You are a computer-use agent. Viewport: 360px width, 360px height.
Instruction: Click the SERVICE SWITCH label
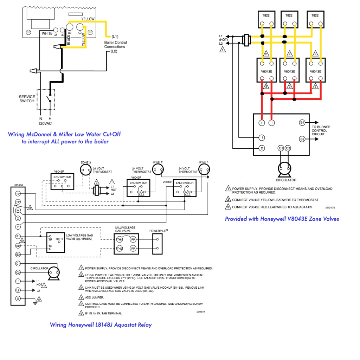tap(27, 99)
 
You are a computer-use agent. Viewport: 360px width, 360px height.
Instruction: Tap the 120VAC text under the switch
tap(45, 124)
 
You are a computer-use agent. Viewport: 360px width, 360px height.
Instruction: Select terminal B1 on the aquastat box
tap(302, 123)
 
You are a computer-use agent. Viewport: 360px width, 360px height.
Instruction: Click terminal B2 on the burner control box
tap(302, 139)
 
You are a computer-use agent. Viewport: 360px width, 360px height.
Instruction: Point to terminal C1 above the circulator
tap(281, 148)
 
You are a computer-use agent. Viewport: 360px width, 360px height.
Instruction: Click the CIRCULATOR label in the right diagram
tap(286, 180)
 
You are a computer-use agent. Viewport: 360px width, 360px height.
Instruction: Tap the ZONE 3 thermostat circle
tap(85, 170)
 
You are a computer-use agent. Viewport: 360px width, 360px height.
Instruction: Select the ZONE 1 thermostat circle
tap(203, 170)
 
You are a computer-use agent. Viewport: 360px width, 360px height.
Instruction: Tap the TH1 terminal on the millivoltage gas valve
tap(120, 239)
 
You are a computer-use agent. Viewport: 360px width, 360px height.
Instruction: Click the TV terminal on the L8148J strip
tap(18, 194)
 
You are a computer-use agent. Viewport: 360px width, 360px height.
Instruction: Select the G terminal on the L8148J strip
tap(18, 299)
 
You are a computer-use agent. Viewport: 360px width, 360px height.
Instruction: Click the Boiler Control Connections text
tap(115, 45)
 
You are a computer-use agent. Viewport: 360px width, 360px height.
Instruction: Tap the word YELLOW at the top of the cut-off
tap(88, 18)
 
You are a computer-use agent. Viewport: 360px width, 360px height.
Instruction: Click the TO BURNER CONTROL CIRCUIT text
tap(321, 130)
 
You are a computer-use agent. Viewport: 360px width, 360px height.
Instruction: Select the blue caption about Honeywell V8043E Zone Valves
tap(282, 219)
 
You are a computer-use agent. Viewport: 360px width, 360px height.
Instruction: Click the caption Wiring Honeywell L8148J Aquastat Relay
tap(101, 324)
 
